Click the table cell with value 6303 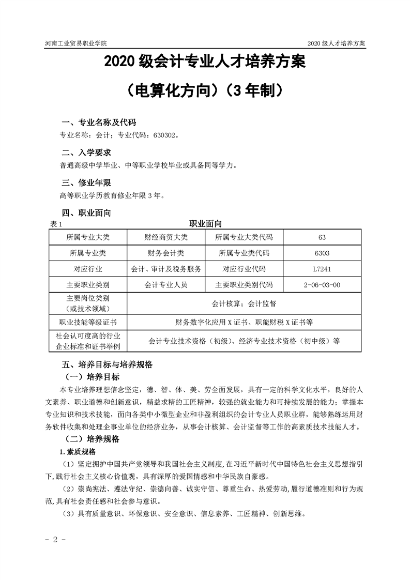(x=322, y=253)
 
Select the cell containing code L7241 (x=322, y=269)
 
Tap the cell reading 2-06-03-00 (x=322, y=285)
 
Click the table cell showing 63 (x=322, y=237)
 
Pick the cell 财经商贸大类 (x=166, y=237)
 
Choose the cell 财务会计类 (x=166, y=253)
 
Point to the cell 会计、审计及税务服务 (x=166, y=269)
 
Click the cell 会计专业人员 (x=166, y=285)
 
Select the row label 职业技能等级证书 (x=88, y=322)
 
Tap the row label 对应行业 (x=88, y=269)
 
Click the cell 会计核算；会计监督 (x=244, y=303)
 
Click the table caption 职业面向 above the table (x=205, y=224)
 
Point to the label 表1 (x=56, y=224)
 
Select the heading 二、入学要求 (x=86, y=152)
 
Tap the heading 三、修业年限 (x=86, y=182)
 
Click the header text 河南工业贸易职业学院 (x=71, y=43)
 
